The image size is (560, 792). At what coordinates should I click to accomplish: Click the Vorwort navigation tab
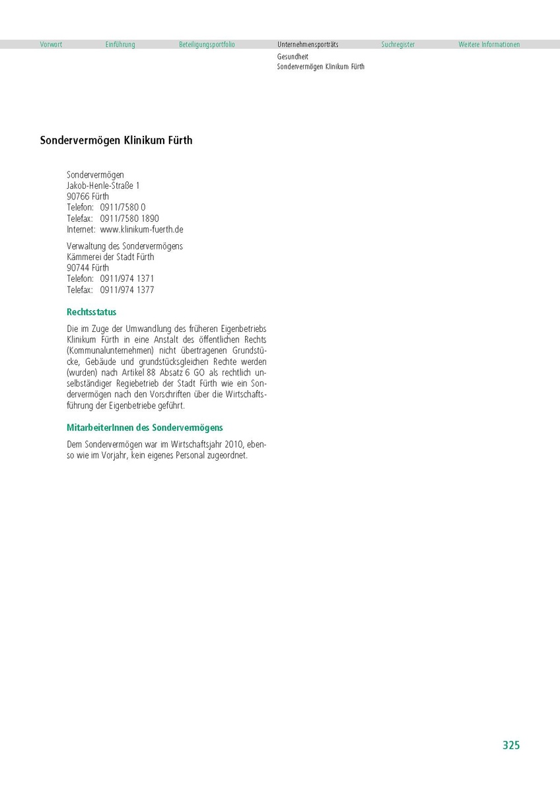point(51,45)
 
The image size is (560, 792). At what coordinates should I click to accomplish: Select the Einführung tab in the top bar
point(120,45)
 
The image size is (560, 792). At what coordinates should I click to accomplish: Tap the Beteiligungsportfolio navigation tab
point(207,45)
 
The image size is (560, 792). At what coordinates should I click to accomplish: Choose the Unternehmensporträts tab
point(308,45)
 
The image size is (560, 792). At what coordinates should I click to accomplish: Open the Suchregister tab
point(398,45)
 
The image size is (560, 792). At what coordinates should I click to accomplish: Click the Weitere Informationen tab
point(489,45)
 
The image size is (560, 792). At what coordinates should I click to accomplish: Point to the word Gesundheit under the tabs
point(293,57)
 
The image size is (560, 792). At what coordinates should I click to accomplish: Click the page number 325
point(511,745)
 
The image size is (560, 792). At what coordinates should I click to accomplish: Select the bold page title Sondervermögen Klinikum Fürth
point(116,141)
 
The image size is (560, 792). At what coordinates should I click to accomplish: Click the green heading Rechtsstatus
point(92,312)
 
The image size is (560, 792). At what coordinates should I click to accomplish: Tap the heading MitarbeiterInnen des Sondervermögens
point(145,428)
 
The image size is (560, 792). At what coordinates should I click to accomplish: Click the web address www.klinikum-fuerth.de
point(141,230)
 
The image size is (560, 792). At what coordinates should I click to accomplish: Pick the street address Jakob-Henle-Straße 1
point(103,186)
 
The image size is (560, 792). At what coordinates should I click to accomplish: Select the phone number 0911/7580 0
point(123,207)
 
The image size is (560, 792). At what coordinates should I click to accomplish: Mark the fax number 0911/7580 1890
point(129,218)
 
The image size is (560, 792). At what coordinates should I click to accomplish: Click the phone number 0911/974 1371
point(127,279)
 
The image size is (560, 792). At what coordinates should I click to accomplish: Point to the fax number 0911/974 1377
point(127,290)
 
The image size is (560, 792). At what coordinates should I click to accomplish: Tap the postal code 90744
point(79,268)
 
